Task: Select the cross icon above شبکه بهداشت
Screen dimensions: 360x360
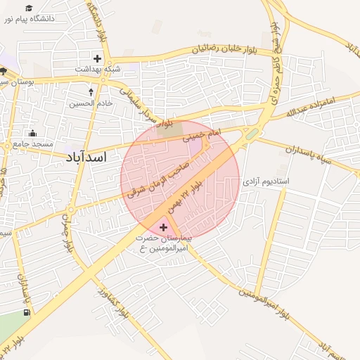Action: (x=97, y=58)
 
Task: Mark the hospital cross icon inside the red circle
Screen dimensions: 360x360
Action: (x=164, y=226)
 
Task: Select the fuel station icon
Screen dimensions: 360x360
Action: (x=27, y=312)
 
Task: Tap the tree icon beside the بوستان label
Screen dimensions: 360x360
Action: (x=4, y=71)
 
